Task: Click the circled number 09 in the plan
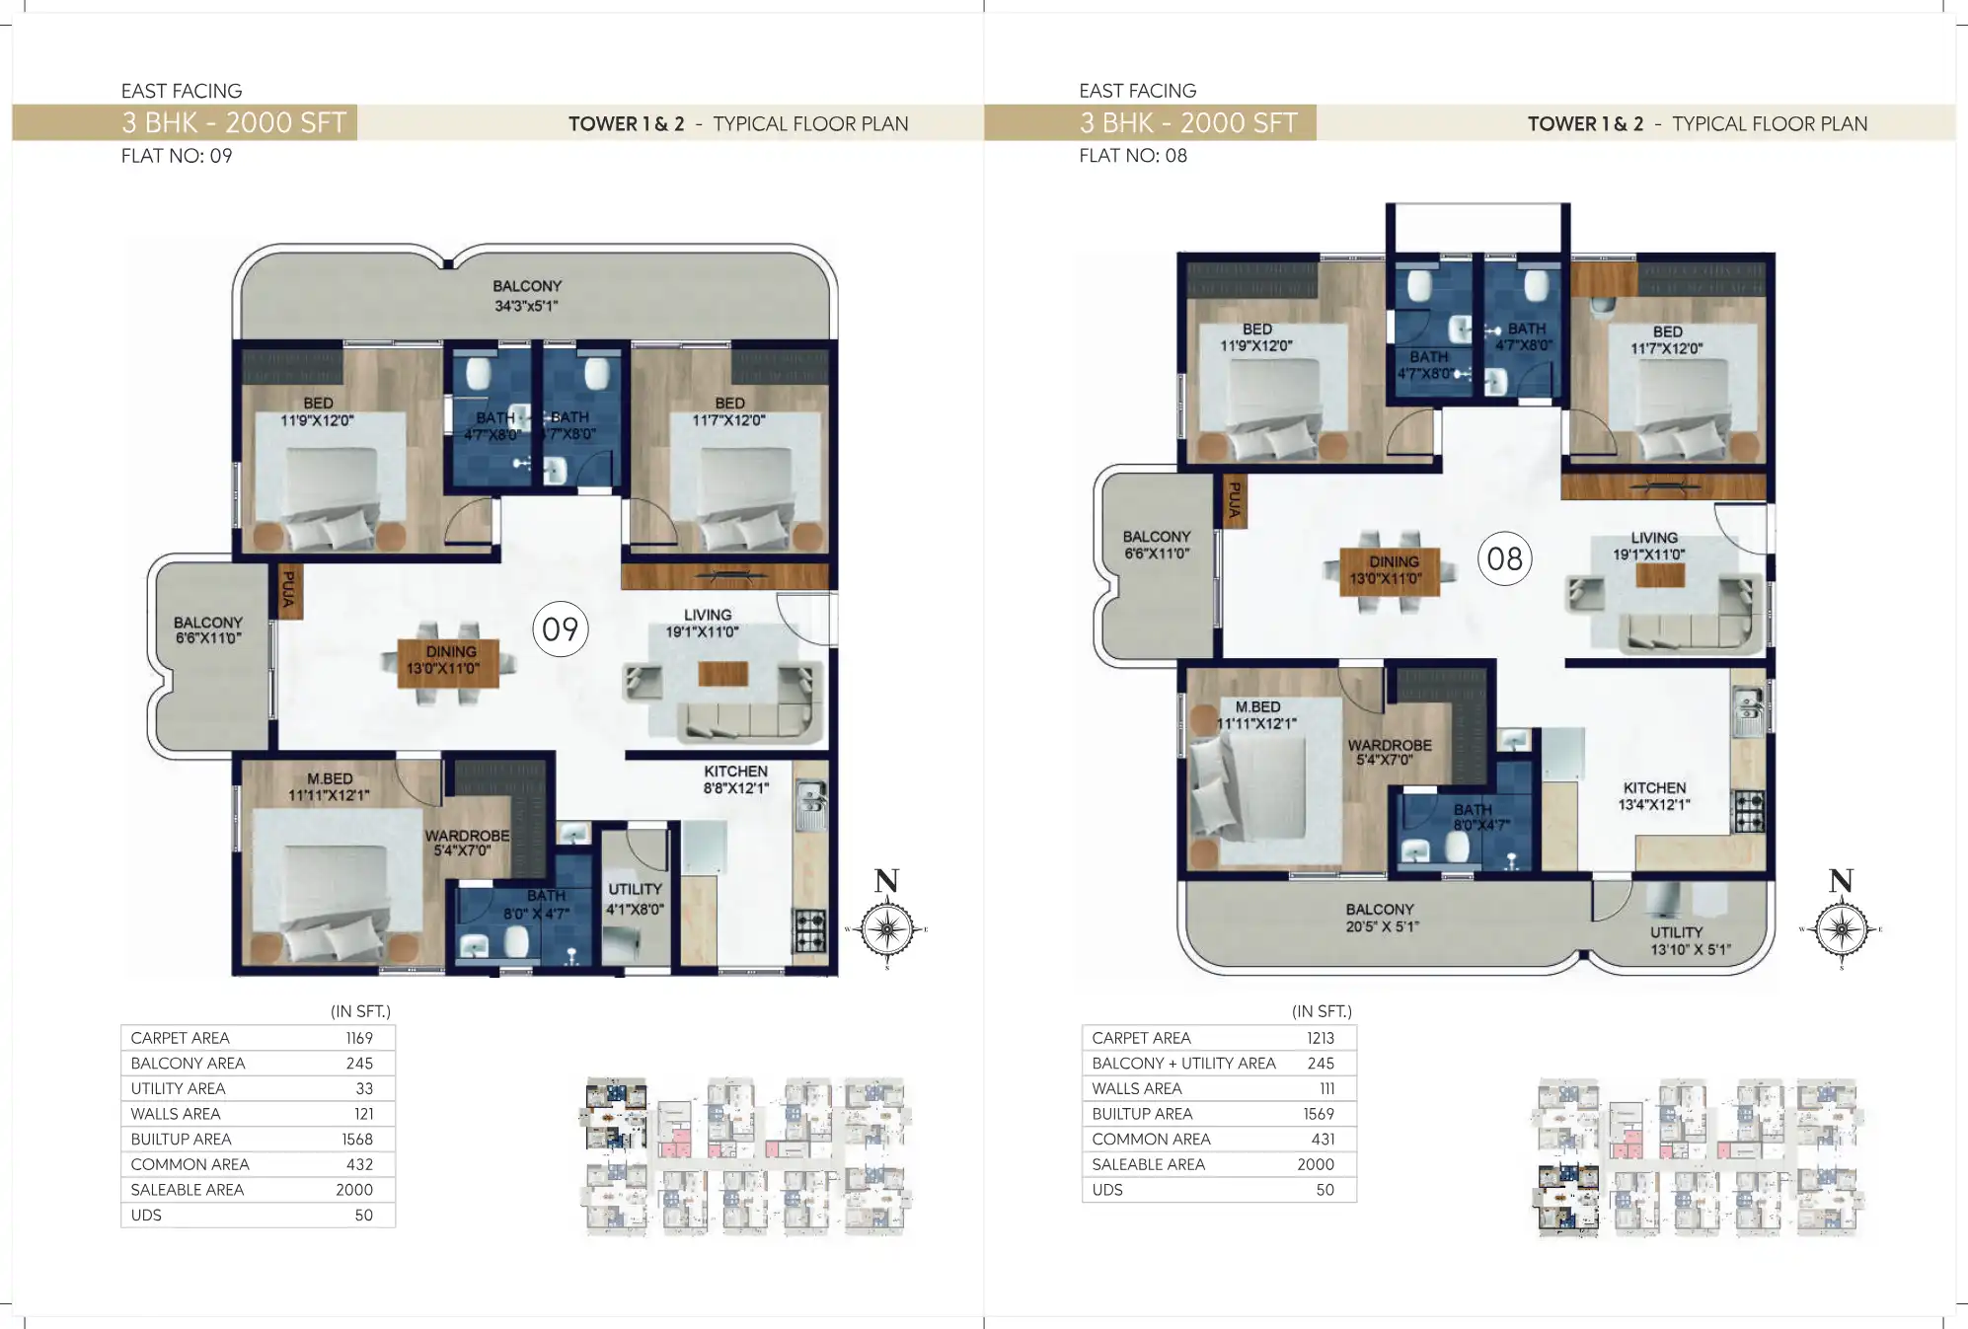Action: [560, 629]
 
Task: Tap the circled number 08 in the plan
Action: [1504, 559]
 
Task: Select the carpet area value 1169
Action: [359, 1038]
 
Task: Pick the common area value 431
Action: [1323, 1139]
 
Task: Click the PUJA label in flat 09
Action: [288, 589]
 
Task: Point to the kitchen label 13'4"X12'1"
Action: [1654, 796]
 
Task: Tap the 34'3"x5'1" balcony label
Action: [527, 296]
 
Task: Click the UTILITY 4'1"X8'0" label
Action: [635, 899]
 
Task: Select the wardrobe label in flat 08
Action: [1390, 752]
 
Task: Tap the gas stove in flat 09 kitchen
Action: [810, 930]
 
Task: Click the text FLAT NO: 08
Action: [1132, 156]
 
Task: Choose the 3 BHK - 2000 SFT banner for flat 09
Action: [234, 123]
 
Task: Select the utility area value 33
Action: [364, 1088]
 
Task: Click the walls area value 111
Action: [1326, 1088]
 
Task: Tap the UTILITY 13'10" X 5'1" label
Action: [1689, 940]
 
